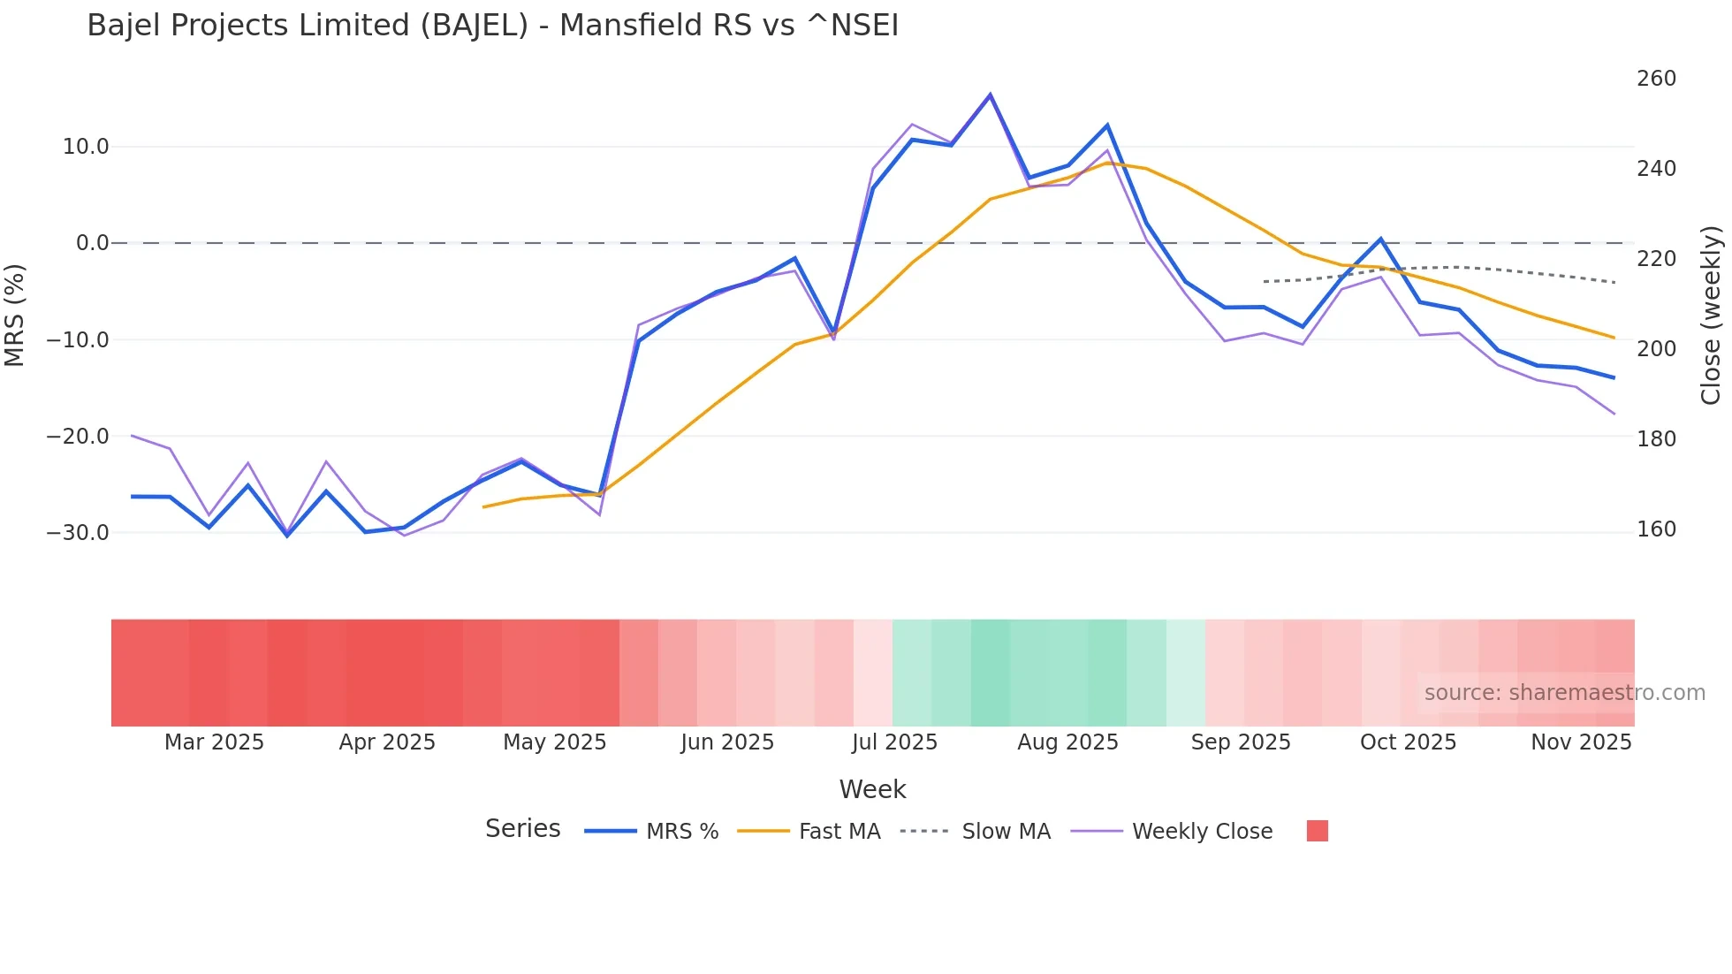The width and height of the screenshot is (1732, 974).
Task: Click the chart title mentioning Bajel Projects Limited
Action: pos(492,26)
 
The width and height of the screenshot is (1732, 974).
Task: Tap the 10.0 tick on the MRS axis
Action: pos(86,147)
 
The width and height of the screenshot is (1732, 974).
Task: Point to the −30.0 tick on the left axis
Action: pos(79,533)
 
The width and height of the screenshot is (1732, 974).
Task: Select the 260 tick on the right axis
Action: pos(1656,79)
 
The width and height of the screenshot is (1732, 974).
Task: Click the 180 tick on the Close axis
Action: pos(1656,438)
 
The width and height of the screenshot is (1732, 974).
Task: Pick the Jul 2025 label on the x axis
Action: pos(894,742)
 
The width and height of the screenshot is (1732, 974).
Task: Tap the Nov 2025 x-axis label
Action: pos(1581,742)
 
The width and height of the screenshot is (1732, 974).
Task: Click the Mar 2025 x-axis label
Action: pos(214,742)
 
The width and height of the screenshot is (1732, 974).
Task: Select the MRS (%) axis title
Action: pos(14,315)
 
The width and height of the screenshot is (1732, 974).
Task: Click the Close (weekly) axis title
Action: pos(1712,315)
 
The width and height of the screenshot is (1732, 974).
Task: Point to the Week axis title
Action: pos(872,789)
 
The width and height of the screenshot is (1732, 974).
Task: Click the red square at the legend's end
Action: pos(1317,831)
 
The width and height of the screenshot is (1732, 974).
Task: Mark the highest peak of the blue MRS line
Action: pos(990,95)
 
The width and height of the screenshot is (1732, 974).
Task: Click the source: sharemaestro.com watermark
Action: pos(1564,693)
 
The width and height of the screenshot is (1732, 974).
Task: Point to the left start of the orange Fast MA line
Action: pos(483,506)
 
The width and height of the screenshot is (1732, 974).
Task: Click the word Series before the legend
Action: pos(522,829)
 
